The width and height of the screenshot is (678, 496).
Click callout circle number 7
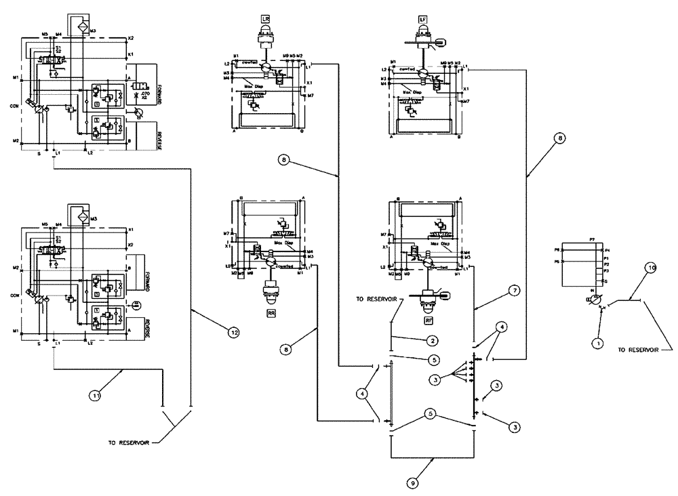point(515,290)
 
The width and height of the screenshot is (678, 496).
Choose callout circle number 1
point(597,344)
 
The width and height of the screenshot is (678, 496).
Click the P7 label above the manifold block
point(591,239)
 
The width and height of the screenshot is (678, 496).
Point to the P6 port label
point(556,250)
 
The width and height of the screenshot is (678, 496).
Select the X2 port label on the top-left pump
point(131,37)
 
